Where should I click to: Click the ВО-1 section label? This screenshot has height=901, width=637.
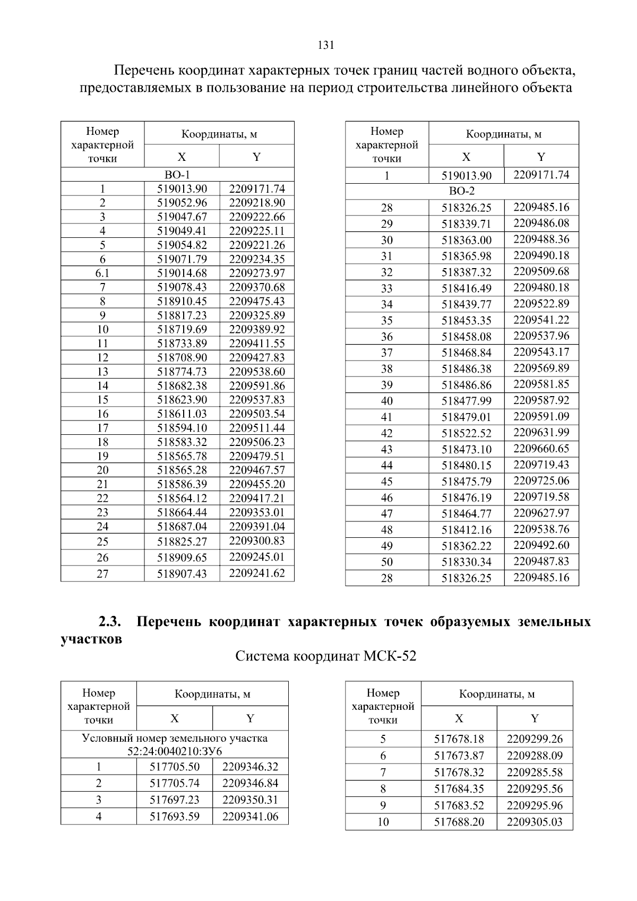click(177, 175)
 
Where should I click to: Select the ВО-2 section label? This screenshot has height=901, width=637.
click(462, 191)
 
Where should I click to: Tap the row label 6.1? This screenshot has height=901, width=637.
click(102, 273)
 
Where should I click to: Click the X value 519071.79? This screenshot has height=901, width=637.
click(182, 259)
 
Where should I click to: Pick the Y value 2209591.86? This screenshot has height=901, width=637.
click(257, 386)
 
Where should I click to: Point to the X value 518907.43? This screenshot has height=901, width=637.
click(182, 574)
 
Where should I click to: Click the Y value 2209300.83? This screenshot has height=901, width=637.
click(257, 541)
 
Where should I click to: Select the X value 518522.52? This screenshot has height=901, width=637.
click(467, 433)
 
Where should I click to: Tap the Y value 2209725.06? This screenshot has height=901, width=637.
click(541, 481)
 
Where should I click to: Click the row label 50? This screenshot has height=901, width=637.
click(387, 562)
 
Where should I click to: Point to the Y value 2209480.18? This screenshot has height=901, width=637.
click(541, 288)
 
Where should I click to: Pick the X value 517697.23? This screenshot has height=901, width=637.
click(175, 800)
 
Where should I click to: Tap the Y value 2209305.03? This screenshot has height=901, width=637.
click(535, 822)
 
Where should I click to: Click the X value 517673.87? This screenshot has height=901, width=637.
click(459, 756)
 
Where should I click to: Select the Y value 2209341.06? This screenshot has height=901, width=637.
click(250, 817)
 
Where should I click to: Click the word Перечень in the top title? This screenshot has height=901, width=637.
click(144, 71)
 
